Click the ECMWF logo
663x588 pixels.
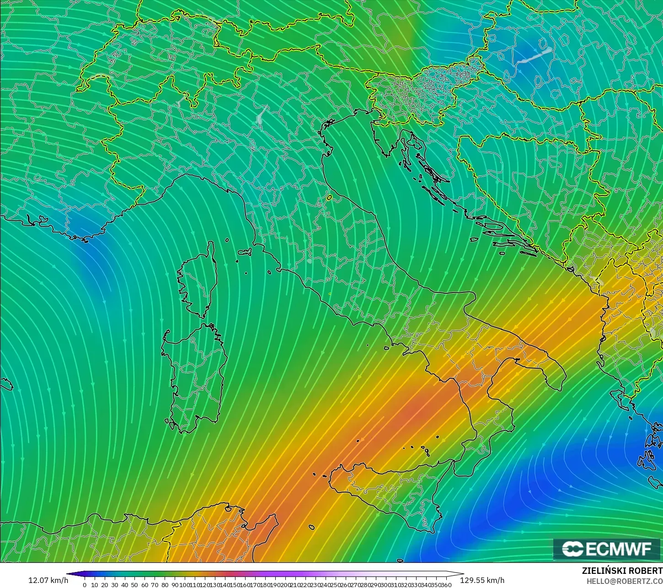608,549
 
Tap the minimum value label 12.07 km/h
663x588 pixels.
48,580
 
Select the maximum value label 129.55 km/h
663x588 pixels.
482,580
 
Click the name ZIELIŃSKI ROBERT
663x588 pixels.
622,571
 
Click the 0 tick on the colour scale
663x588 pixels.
85,585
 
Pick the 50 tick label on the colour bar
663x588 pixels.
134,585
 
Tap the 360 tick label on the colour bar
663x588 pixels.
446,585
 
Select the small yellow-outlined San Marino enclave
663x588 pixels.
329,198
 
